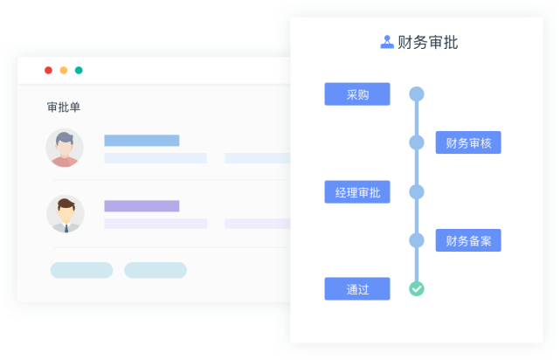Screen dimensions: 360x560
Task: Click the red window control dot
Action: pyautogui.click(x=48, y=70)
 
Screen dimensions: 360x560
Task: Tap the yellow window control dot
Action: pyautogui.click(x=64, y=70)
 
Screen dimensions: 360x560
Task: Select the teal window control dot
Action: pyautogui.click(x=79, y=70)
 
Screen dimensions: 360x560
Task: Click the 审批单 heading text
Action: pyautogui.click(x=64, y=107)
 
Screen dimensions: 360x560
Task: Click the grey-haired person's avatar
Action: pyautogui.click(x=65, y=148)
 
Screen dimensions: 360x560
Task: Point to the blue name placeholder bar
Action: pyautogui.click(x=142, y=141)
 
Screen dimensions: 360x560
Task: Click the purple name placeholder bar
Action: pyautogui.click(x=142, y=206)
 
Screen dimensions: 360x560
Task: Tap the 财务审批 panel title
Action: pyautogui.click(x=427, y=42)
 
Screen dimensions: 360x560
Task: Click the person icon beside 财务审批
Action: pyautogui.click(x=387, y=42)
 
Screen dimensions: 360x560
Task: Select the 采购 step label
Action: pyautogui.click(x=356, y=94)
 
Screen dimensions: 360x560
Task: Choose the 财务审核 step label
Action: pyautogui.click(x=468, y=142)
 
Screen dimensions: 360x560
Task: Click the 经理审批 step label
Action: pyautogui.click(x=356, y=192)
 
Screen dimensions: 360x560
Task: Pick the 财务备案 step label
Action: pyautogui.click(x=468, y=240)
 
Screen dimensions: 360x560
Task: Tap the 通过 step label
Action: pyautogui.click(x=356, y=288)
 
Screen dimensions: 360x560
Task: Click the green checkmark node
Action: pyautogui.click(x=417, y=288)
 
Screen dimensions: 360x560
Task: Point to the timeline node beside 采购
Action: pyautogui.click(x=417, y=94)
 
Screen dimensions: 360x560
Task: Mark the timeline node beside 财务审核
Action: pyautogui.click(x=417, y=142)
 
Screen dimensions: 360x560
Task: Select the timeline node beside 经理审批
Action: pyautogui.click(x=417, y=192)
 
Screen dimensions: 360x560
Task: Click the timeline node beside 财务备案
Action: pyautogui.click(x=417, y=240)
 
